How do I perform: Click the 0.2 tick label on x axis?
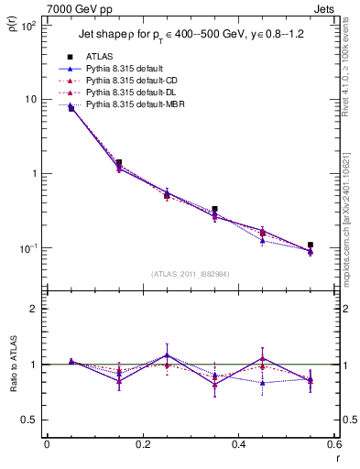coord(142,444)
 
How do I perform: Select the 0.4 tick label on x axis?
coord(238,444)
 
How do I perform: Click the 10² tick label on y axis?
coord(27,25)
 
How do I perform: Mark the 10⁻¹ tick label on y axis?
coord(27,248)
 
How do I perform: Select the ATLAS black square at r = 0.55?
coord(311,245)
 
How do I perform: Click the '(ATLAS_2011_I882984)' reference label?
coord(190,273)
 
